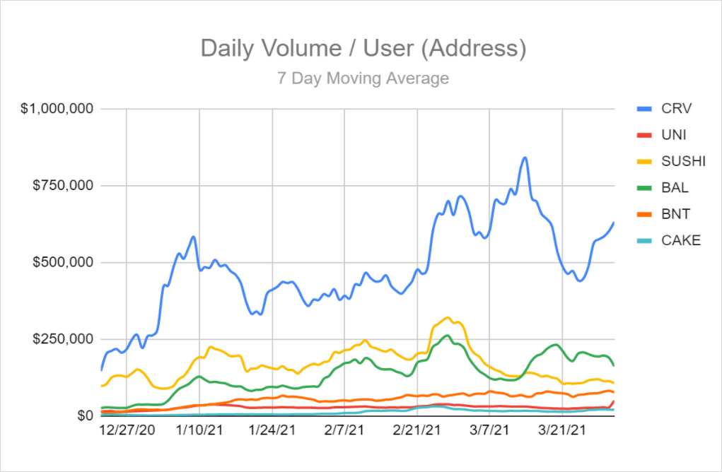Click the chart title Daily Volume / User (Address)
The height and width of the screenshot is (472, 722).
coord(363,48)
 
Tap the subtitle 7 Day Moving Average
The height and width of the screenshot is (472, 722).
coord(363,78)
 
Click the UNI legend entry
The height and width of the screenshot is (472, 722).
coord(674,135)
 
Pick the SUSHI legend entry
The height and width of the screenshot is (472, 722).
coord(683,161)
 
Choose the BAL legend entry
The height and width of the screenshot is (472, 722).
coord(675,187)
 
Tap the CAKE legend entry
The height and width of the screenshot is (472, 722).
coord(680,240)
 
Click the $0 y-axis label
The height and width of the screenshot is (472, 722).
coord(86,415)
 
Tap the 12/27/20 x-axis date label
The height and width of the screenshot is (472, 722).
coord(127,430)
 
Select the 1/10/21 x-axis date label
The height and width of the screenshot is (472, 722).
coord(199,430)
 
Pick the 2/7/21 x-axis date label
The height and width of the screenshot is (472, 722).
coord(344,430)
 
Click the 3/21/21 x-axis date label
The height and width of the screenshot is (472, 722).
coord(562,430)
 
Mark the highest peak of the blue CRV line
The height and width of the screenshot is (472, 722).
coord(524,158)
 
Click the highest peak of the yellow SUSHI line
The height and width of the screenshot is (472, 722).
coord(448,318)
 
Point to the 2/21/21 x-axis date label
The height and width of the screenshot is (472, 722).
coord(417,430)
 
